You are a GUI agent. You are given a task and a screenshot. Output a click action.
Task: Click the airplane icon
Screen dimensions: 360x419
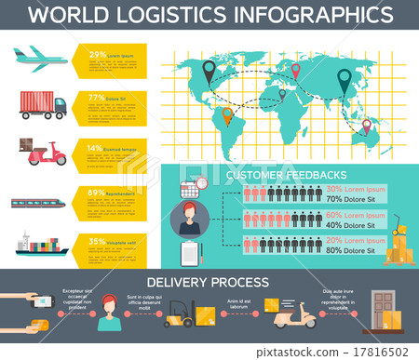click(x=40, y=57)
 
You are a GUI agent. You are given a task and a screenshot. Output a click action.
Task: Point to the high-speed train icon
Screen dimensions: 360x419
click(x=40, y=201)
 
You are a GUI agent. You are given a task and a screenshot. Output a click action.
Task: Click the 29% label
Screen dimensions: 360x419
click(x=97, y=55)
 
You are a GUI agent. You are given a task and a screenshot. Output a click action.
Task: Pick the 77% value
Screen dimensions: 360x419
click(x=96, y=97)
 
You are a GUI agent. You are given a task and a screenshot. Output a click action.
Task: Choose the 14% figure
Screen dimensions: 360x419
click(x=95, y=148)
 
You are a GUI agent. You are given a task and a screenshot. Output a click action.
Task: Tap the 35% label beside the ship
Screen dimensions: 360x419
click(x=96, y=241)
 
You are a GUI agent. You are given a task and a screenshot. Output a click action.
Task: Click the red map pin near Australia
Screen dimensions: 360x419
click(x=366, y=124)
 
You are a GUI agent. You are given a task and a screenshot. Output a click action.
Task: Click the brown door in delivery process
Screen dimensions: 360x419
click(x=383, y=306)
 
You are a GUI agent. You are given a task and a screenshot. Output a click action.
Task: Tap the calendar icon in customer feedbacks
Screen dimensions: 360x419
click(x=189, y=188)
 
